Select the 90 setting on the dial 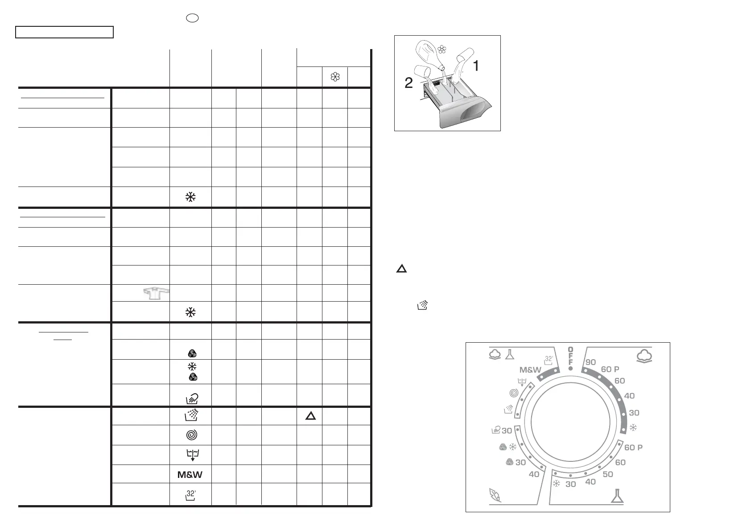590,362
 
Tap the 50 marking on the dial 608,474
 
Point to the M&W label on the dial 530,370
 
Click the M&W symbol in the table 190,475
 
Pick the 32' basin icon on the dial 549,360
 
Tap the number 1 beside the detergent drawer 476,66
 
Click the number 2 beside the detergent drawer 409,83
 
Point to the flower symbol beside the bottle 442,50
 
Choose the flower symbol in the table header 335,77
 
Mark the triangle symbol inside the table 310,416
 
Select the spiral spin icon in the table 190,434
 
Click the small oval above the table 192,18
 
